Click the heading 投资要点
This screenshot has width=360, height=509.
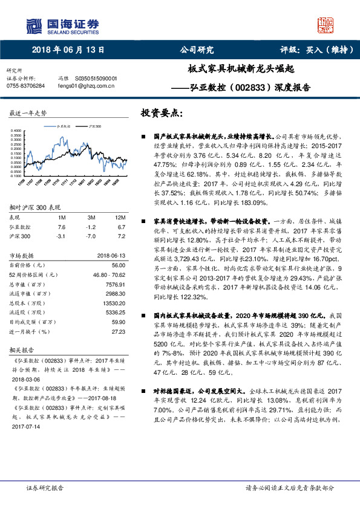160,113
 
